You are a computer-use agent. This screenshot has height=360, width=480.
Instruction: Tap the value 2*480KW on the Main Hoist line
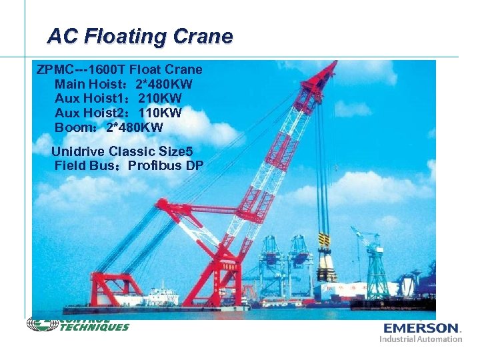(164, 84)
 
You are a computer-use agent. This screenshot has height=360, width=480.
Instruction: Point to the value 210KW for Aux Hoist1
(160, 99)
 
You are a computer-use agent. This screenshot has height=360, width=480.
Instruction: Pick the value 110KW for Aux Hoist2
(160, 113)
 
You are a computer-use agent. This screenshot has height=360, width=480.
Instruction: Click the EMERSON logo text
(422, 328)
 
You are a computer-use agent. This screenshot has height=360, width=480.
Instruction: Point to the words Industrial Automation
(421, 339)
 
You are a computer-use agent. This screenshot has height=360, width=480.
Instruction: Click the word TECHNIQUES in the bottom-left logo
(95, 327)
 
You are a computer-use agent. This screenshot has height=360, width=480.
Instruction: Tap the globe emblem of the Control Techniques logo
(38, 324)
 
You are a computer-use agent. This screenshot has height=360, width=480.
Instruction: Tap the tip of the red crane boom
(333, 64)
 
